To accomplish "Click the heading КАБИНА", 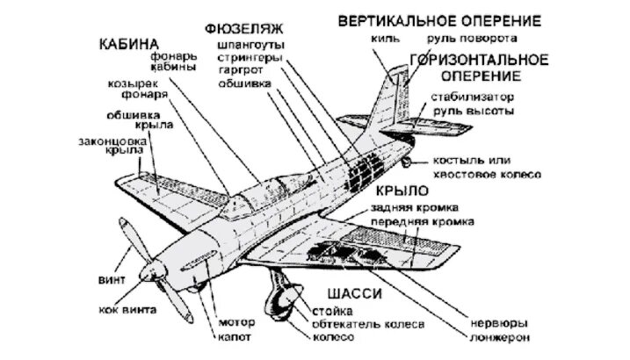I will [x=128, y=43].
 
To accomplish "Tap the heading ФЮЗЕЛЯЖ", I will [x=243, y=26].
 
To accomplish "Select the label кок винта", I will [x=128, y=310].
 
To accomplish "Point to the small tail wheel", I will [x=406, y=164].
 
